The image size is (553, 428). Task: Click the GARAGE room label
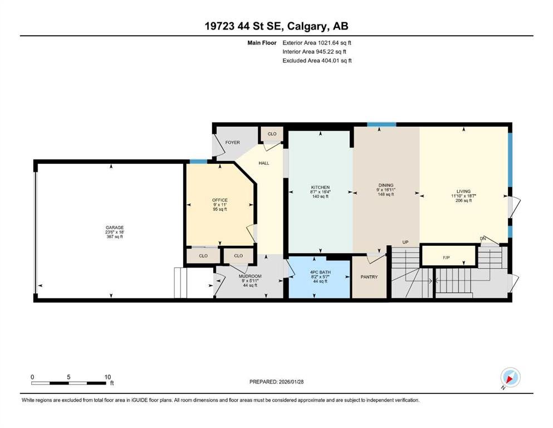(x=115, y=227)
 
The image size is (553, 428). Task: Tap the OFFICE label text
(x=220, y=200)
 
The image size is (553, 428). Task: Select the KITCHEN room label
(x=320, y=187)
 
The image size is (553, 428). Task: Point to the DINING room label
(x=386, y=185)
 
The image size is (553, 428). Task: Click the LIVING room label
(x=463, y=191)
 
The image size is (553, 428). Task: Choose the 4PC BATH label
(x=320, y=273)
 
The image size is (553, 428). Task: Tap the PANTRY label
(x=369, y=277)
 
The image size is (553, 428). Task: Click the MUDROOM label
(x=250, y=276)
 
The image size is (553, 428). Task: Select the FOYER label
(x=232, y=143)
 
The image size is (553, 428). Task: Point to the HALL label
(x=264, y=163)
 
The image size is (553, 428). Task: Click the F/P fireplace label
(x=446, y=257)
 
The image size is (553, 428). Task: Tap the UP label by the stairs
(x=405, y=242)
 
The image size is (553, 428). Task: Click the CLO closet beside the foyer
(x=272, y=134)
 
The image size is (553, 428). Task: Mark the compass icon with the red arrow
(x=510, y=377)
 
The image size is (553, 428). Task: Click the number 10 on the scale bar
(x=107, y=377)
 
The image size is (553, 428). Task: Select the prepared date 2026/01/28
(x=291, y=382)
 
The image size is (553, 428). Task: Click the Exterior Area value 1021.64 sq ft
(x=334, y=43)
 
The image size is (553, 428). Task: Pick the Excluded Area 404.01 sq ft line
(x=317, y=60)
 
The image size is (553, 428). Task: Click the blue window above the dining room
(x=381, y=124)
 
